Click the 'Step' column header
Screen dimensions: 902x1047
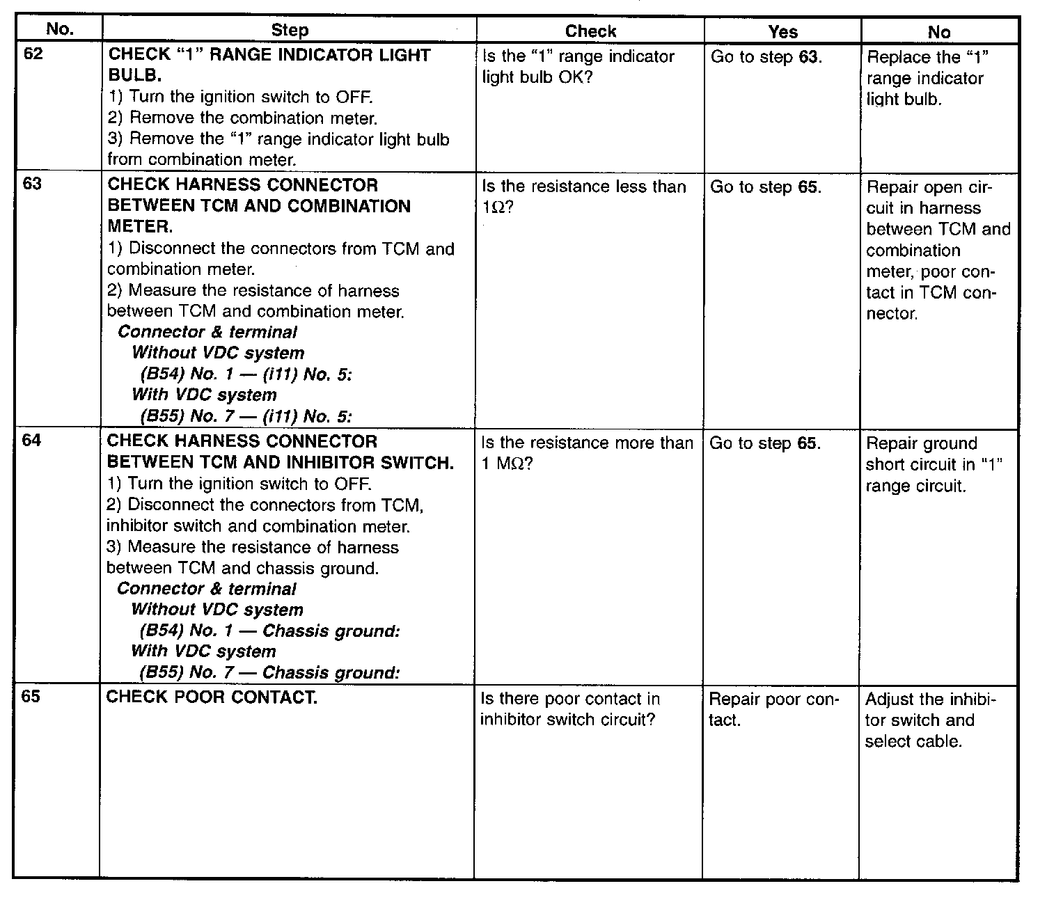(x=289, y=31)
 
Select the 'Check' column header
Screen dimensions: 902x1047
(x=590, y=31)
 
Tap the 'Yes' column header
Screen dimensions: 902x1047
(x=782, y=31)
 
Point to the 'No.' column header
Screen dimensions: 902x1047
(x=59, y=29)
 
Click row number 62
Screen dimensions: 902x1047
(x=33, y=54)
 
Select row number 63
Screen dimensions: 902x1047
(x=33, y=184)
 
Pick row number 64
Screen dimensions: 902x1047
(x=33, y=441)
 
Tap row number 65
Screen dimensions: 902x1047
(x=31, y=697)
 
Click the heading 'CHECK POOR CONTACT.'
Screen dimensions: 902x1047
(x=212, y=697)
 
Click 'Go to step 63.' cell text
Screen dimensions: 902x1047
(x=766, y=56)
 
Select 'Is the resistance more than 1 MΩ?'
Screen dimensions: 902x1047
(x=587, y=453)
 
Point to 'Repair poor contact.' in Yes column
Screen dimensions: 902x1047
(x=773, y=709)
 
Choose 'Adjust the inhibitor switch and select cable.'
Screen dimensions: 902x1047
(x=931, y=720)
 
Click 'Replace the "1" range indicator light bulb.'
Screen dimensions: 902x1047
(x=927, y=78)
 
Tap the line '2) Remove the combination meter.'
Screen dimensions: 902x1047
(x=243, y=118)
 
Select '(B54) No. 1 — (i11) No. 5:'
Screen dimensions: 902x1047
(x=246, y=374)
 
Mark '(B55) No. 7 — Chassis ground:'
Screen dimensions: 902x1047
(x=269, y=673)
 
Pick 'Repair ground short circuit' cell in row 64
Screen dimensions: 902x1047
(x=933, y=464)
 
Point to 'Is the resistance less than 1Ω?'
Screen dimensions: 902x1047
(x=583, y=197)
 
